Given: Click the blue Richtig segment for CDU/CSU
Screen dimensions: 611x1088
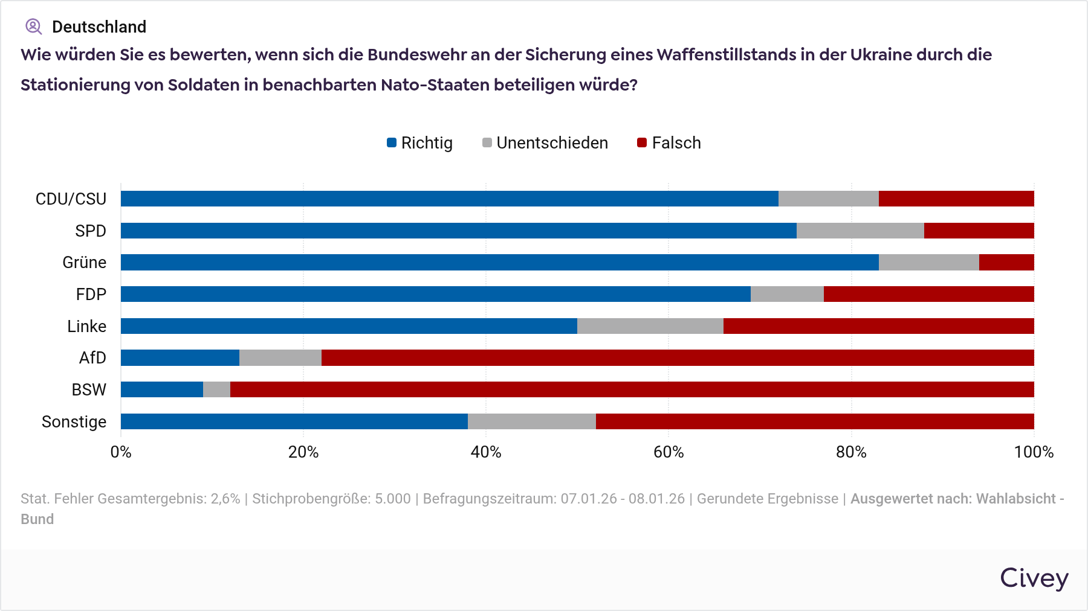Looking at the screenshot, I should tap(449, 199).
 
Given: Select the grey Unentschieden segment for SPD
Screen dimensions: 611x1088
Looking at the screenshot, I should tap(860, 231).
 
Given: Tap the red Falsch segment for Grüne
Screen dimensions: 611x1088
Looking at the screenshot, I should tap(1006, 262).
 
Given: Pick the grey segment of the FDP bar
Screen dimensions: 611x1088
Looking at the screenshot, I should tap(787, 294).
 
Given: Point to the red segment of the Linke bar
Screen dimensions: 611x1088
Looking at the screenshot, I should tap(878, 326).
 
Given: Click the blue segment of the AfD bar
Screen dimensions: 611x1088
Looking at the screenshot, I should tap(180, 357).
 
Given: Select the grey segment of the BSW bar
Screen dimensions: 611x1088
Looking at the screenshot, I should tap(216, 389).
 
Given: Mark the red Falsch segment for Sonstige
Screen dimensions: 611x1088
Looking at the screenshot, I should tap(815, 421).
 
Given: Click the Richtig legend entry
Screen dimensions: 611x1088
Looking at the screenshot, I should tap(420, 143).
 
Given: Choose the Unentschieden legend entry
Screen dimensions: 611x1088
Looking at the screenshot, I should tap(545, 143).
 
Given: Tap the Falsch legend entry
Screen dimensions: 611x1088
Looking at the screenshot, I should tap(669, 143).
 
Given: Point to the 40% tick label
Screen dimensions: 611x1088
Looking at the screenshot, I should tap(486, 452).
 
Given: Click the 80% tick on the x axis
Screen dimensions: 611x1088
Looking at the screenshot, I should tap(851, 452).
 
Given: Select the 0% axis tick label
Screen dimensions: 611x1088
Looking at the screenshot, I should tap(121, 452).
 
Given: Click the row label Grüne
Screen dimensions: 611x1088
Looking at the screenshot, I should tap(85, 263).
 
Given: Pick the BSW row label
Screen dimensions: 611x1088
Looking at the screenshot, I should tap(89, 390).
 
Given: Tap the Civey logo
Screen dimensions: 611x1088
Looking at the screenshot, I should tap(1034, 578).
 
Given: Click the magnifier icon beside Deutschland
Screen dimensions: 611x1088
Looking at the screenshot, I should tap(33, 27).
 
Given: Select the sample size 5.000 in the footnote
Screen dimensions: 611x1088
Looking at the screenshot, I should tap(393, 499).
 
